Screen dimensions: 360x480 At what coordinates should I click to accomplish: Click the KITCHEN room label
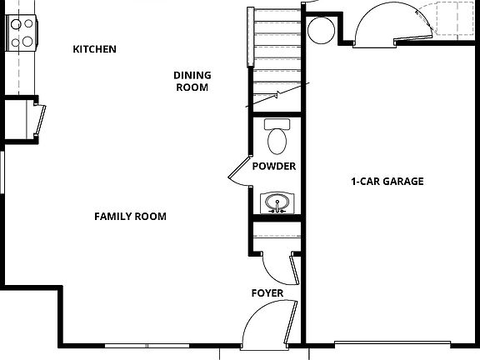(x=94, y=49)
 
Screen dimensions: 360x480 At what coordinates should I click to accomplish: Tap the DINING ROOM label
(x=192, y=81)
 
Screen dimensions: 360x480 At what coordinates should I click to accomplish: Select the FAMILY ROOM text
(x=130, y=217)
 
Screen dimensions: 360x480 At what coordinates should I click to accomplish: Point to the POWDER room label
(x=274, y=167)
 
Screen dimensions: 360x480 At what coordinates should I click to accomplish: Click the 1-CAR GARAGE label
(x=387, y=182)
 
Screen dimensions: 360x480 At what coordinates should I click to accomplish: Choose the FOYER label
(x=267, y=293)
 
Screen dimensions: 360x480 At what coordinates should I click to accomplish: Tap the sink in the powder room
(x=275, y=202)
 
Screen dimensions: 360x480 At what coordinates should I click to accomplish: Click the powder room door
(x=238, y=172)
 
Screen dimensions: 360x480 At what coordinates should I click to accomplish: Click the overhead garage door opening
(x=392, y=342)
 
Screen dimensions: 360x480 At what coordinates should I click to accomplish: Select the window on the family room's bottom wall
(x=147, y=345)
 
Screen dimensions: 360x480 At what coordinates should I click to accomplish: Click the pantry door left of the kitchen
(x=39, y=117)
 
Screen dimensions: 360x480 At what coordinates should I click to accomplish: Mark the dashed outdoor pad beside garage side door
(x=448, y=18)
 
